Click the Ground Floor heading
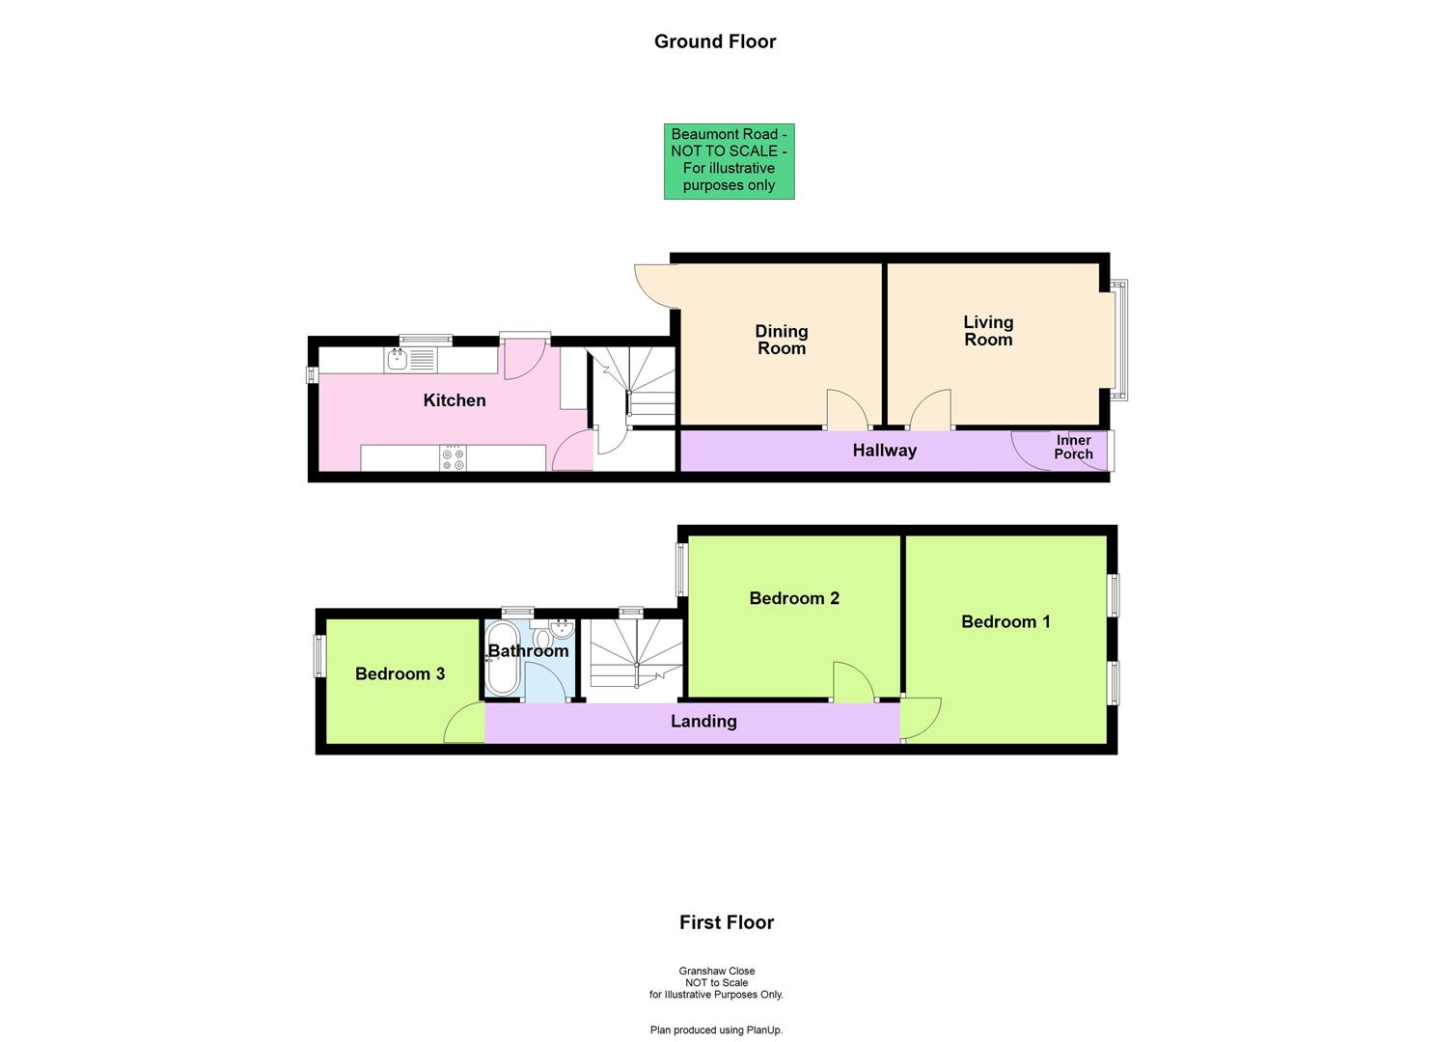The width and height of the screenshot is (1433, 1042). coord(715,41)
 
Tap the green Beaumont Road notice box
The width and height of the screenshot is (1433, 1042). coord(729,161)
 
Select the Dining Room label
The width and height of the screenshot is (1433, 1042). coord(782,340)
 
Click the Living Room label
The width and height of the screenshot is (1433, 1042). coord(988,331)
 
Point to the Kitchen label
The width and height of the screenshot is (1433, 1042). coord(455,400)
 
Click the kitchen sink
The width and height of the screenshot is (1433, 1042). coord(397,361)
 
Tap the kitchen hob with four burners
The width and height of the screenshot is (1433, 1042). coord(453,458)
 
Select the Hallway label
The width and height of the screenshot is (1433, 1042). coord(884,451)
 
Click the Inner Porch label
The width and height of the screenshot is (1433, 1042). coord(1073,448)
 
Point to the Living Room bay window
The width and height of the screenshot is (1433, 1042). coord(1118,340)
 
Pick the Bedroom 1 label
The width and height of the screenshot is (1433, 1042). coord(1006,622)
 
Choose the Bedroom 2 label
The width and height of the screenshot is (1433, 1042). coord(794,598)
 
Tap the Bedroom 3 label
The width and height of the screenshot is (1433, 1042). coord(400,674)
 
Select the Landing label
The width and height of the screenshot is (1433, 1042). coord(703,722)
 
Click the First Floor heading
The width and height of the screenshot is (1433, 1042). coord(727,922)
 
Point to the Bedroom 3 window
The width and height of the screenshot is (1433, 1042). coord(318,655)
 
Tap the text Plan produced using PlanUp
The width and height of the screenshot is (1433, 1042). coord(716,1030)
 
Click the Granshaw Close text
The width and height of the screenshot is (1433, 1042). coord(716,972)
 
